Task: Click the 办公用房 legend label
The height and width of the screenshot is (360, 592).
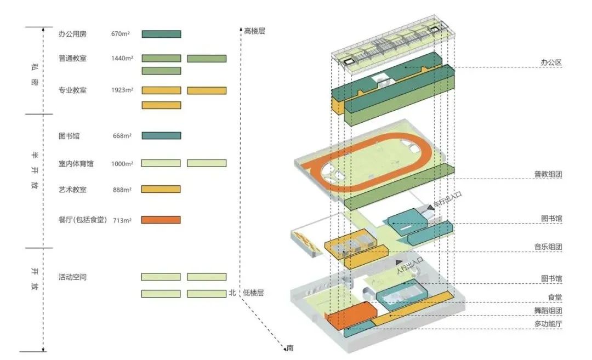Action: (x=72, y=34)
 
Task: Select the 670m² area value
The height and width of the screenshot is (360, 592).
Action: (x=120, y=34)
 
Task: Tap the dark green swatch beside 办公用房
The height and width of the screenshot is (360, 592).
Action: (x=161, y=34)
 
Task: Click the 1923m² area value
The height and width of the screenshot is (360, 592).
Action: (x=122, y=90)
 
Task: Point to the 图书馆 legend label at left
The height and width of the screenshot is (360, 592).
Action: (x=69, y=135)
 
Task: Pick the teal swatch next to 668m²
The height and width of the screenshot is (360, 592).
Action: (x=161, y=135)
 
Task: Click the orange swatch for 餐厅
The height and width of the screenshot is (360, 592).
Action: (x=161, y=220)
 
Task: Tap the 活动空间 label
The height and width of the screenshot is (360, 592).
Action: (x=72, y=277)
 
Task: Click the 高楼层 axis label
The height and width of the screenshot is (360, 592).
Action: (x=254, y=32)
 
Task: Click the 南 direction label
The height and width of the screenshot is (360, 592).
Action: (x=290, y=347)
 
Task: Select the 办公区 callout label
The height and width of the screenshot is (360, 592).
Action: (x=551, y=63)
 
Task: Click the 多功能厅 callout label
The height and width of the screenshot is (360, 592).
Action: (x=549, y=324)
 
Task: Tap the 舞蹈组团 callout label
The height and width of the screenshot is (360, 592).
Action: (x=549, y=311)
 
